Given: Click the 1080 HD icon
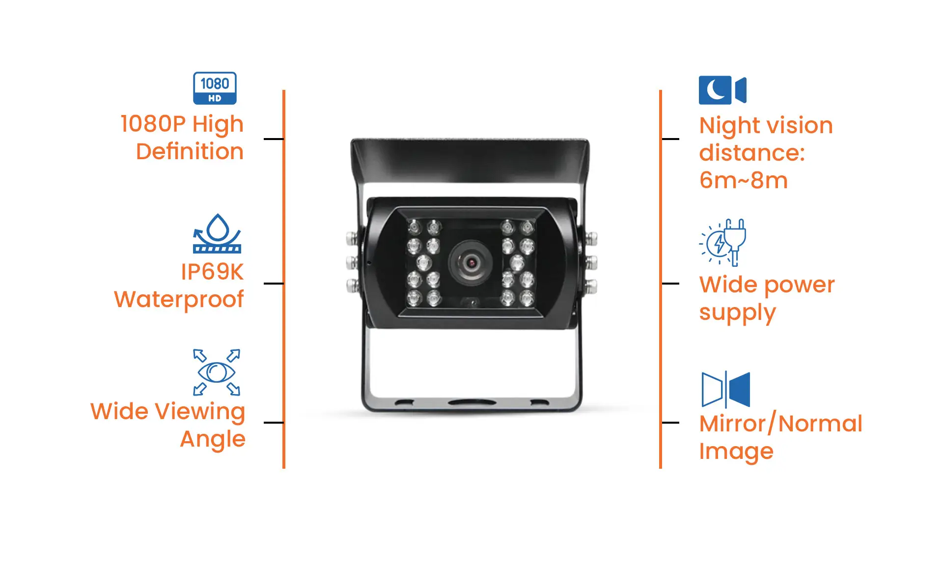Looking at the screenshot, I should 215,88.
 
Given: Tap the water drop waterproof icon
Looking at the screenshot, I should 217,233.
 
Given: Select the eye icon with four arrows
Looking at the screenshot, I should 217,372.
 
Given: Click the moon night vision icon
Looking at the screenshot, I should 722,90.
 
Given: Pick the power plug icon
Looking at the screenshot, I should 723,242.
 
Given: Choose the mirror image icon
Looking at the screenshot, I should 726,390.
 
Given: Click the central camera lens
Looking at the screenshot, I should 471,262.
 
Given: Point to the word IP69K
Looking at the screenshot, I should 212,272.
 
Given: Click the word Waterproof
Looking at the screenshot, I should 179,299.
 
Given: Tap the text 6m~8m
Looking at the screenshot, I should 743,180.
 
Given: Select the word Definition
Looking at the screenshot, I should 190,151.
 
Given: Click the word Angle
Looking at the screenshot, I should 213,439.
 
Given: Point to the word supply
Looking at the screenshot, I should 737,313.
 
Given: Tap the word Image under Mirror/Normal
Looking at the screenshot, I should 736,452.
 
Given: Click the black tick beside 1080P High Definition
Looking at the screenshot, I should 273,139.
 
